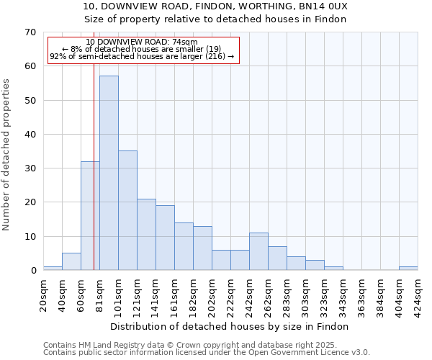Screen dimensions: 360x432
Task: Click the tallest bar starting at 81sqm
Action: pos(109,173)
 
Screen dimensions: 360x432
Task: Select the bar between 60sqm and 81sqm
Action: pos(90,216)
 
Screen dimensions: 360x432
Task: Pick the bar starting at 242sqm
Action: pos(258,251)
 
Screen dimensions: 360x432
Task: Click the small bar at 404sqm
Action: pos(408,269)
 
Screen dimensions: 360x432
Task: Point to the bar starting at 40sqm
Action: pos(71,262)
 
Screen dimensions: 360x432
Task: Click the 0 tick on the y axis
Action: pos(32,271)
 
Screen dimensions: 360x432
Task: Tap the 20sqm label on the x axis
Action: pos(44,294)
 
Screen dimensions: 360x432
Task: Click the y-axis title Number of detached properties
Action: pos(7,155)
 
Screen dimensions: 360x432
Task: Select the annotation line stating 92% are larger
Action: pos(142,56)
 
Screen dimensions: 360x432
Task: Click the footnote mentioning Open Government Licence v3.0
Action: pos(207,353)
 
